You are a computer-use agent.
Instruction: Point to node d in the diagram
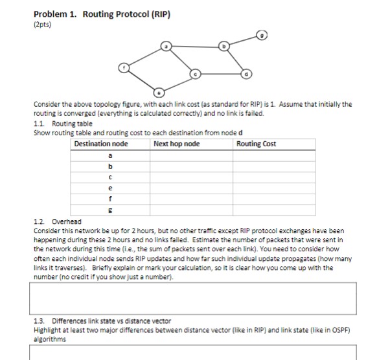click(244, 74)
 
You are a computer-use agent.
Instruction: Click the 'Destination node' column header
click(102, 144)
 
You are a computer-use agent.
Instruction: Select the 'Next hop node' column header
click(177, 144)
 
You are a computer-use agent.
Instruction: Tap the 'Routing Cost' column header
click(257, 144)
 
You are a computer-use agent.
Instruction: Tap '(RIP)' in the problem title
click(159, 12)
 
